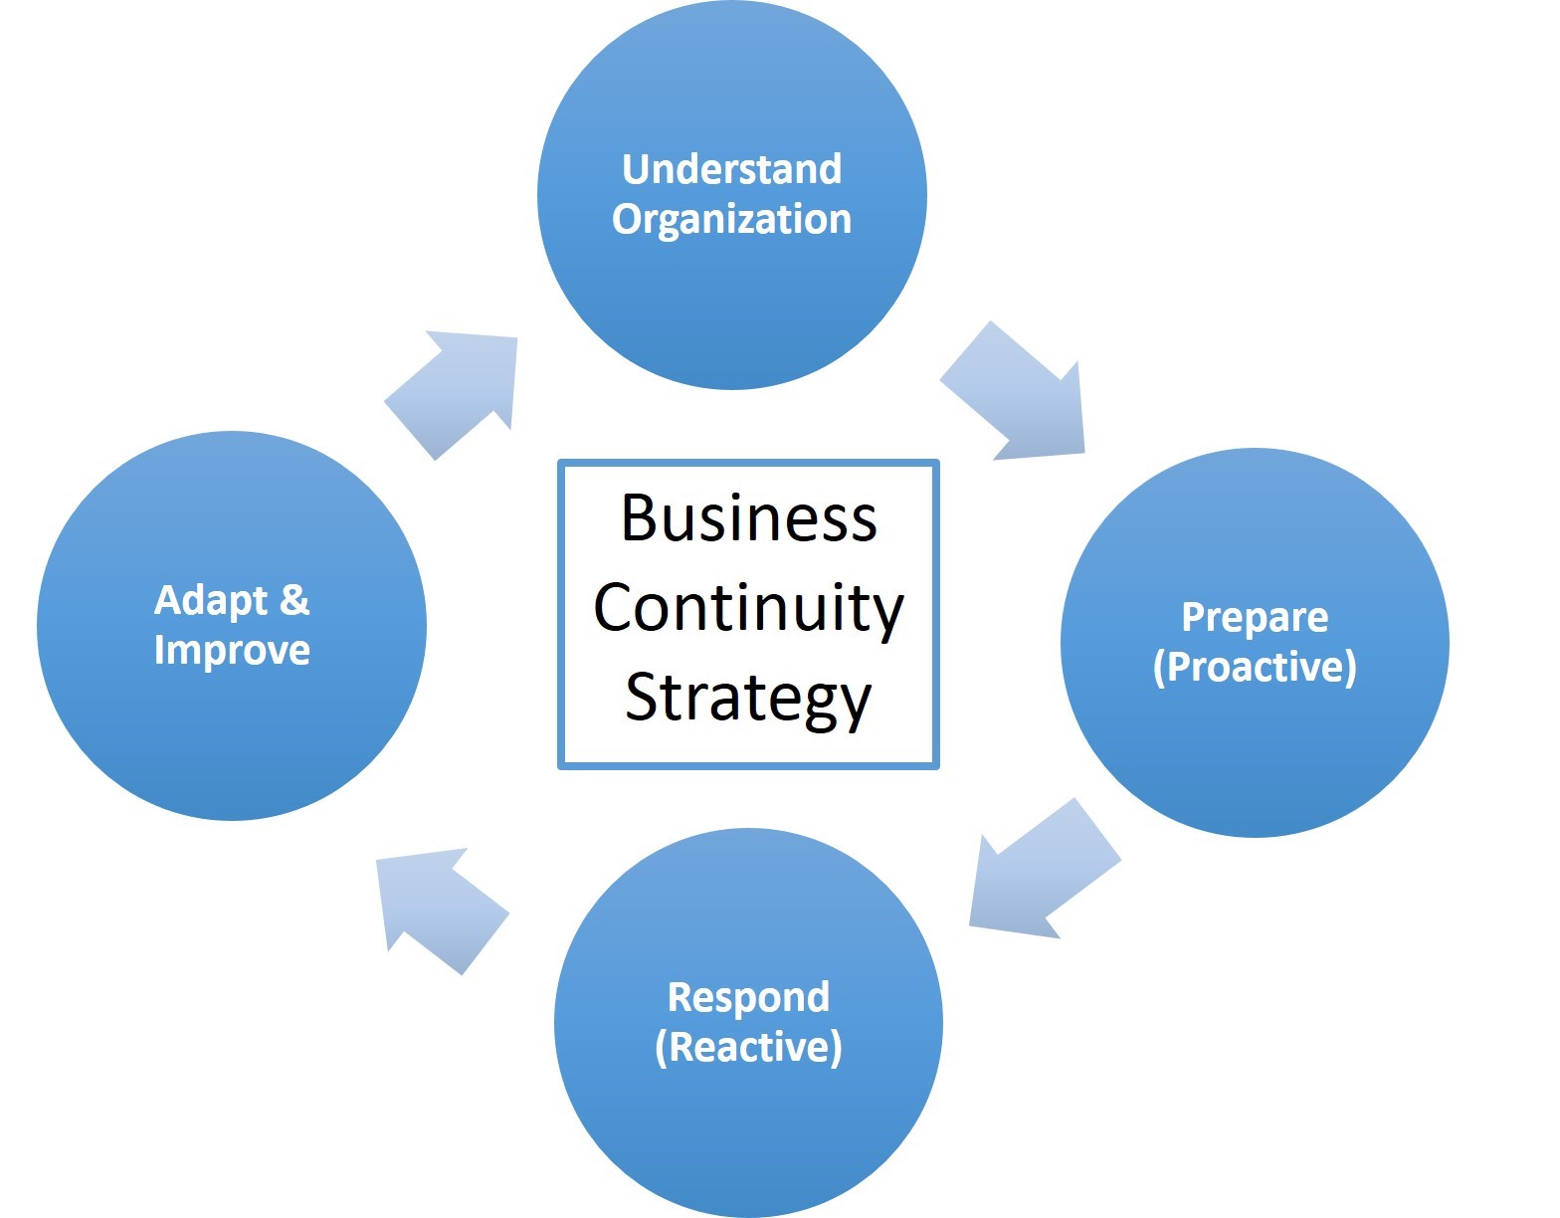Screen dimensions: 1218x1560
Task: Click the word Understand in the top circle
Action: (x=732, y=169)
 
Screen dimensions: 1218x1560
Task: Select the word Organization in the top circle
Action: (x=732, y=220)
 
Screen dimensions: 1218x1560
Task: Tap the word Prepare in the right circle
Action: (x=1255, y=618)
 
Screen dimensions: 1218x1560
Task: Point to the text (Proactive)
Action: (x=1255, y=667)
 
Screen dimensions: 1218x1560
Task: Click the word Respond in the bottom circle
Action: (x=748, y=997)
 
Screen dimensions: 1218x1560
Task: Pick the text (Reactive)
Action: (x=748, y=1047)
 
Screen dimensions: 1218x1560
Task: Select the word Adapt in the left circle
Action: (x=211, y=600)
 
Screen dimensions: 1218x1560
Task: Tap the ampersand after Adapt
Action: (x=294, y=600)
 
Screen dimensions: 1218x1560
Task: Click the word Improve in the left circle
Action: (x=232, y=651)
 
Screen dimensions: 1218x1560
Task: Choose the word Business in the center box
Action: (x=748, y=518)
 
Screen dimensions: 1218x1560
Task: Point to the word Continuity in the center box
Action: (x=748, y=608)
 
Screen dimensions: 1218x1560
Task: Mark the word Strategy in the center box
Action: (x=748, y=699)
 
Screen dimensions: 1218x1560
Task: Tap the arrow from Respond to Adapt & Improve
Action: (x=438, y=905)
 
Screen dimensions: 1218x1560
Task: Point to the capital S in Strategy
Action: (x=643, y=698)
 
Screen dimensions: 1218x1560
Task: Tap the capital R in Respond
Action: (x=681, y=997)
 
